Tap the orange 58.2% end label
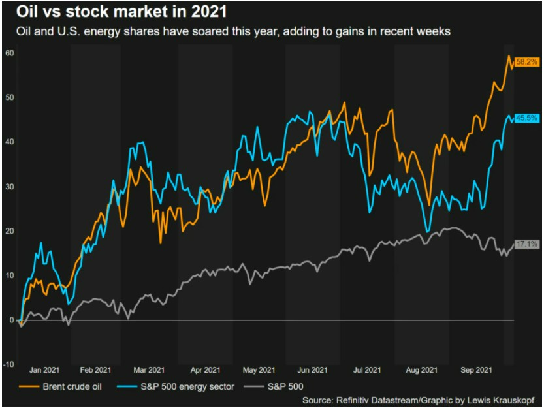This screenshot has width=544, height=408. [526, 62]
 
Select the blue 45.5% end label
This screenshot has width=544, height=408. [526, 118]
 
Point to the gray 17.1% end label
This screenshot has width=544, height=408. [526, 244]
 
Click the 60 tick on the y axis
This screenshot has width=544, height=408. [10, 53]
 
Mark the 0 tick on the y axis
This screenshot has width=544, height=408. [12, 320]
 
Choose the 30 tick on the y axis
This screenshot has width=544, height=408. [10, 187]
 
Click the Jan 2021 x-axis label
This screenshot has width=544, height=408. [43, 369]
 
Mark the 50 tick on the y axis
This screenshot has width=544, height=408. [10, 97]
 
